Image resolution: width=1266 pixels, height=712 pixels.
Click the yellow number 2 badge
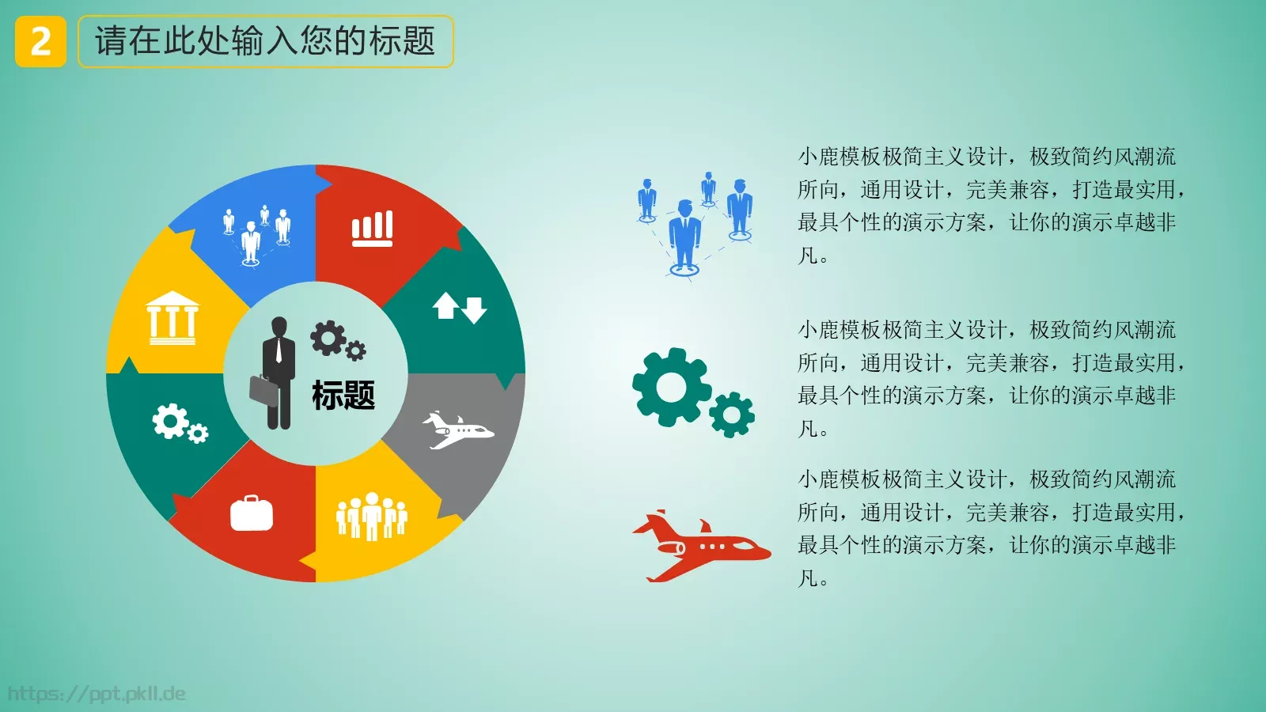coord(40,41)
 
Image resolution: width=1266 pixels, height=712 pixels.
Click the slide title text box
coord(265,41)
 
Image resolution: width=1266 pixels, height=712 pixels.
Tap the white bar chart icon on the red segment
coord(372,229)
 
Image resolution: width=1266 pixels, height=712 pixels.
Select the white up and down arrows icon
coord(460,308)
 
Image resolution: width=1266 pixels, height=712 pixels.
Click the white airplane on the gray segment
coord(457,430)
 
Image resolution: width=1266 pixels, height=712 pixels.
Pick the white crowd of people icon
coord(372,517)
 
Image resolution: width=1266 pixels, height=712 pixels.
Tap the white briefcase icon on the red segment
coord(252,513)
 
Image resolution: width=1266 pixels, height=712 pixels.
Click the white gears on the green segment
coord(180,423)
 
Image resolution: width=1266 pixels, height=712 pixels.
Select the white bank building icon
coord(172,318)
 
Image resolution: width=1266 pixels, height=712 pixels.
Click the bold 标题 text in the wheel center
coord(343,395)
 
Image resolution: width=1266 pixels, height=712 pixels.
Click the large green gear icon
coord(672,387)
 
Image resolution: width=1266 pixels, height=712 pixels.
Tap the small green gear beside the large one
coord(732,415)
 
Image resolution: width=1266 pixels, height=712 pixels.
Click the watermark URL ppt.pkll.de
coord(97,694)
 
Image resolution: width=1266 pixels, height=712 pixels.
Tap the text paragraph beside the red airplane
coord(989,528)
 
